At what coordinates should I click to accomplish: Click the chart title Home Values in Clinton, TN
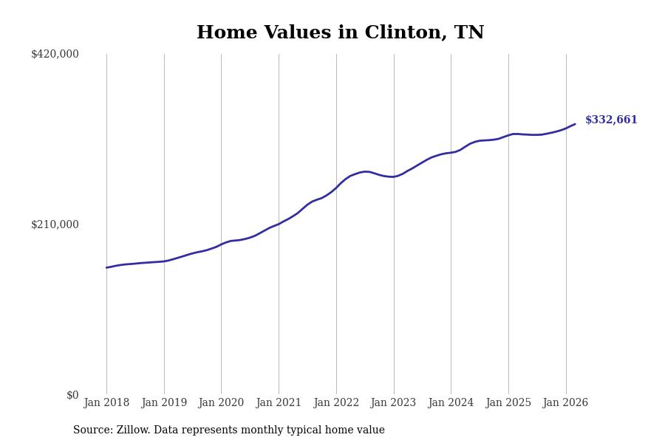click(x=340, y=33)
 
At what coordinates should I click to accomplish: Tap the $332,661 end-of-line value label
click(x=611, y=120)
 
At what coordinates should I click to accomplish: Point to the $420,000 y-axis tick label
click(x=55, y=54)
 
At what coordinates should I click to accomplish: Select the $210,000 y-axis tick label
click(x=55, y=224)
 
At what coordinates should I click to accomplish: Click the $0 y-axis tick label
click(x=72, y=395)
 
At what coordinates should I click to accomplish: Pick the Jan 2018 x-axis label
click(x=106, y=403)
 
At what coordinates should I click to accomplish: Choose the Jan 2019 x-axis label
click(x=164, y=403)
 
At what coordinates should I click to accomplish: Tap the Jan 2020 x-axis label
click(x=221, y=403)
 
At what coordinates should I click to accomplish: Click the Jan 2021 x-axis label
click(x=279, y=403)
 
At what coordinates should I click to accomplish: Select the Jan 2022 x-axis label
click(x=336, y=403)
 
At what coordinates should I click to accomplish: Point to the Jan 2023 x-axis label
click(x=393, y=403)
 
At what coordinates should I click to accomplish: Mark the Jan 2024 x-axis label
click(x=451, y=403)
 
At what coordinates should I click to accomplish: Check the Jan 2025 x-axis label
click(x=508, y=403)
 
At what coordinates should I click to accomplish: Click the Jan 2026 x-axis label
click(x=565, y=403)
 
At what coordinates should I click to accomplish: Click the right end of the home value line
click(x=575, y=124)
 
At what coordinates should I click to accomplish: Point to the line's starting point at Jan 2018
click(x=106, y=267)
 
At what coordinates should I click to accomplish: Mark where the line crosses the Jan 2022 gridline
click(x=336, y=187)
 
